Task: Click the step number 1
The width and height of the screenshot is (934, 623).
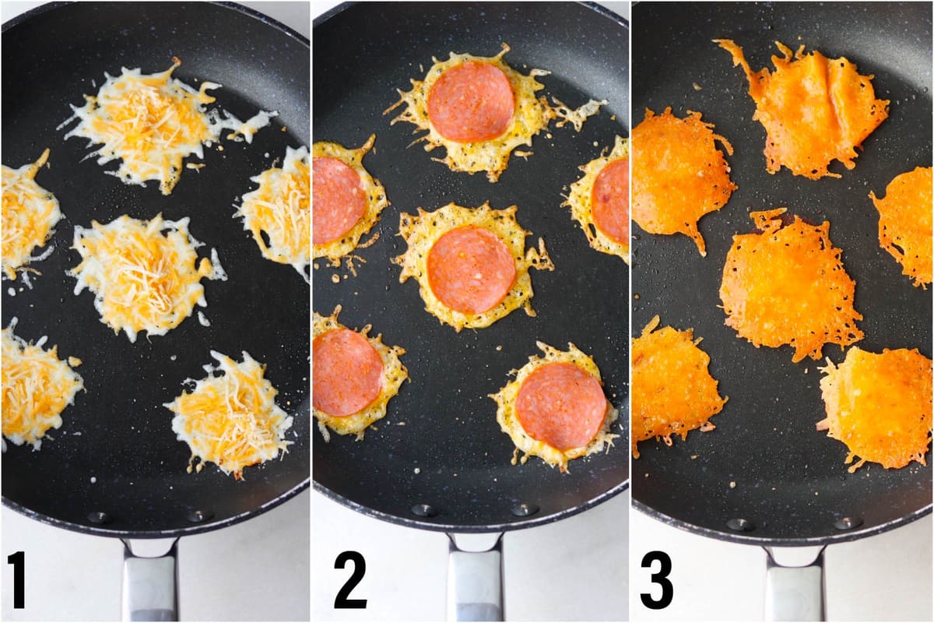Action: tap(16, 579)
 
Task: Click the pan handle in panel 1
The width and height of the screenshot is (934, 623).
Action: tap(149, 580)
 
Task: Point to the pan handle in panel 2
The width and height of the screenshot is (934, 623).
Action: tap(475, 580)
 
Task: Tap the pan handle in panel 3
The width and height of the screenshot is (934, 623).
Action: tap(793, 584)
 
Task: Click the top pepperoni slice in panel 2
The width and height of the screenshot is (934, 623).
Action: tap(470, 101)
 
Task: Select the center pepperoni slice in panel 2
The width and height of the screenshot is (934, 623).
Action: tap(470, 270)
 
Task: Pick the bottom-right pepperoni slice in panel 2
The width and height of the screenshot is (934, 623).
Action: tap(560, 406)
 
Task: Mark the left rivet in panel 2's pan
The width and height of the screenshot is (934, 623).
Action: tap(423, 510)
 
